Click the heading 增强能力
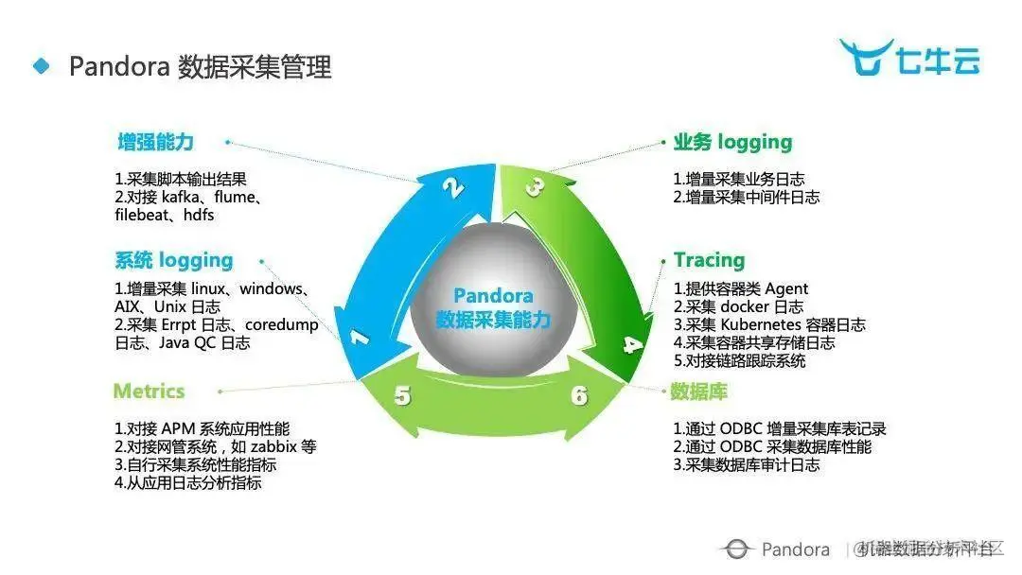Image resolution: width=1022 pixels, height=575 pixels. (155, 143)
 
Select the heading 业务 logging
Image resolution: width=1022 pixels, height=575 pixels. (732, 143)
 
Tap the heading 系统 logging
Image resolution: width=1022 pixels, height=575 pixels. (173, 260)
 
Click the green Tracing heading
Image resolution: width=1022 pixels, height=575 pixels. (709, 260)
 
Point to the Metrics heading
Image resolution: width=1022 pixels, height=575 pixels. (149, 391)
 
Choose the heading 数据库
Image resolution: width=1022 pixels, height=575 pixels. (698, 391)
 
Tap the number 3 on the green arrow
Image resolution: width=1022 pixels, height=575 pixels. (535, 186)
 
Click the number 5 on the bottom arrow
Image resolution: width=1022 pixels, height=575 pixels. (403, 396)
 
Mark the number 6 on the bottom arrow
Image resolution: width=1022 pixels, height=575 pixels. (579, 396)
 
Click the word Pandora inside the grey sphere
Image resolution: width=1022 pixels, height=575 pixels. (492, 296)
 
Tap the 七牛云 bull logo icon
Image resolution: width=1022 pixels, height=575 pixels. (865, 57)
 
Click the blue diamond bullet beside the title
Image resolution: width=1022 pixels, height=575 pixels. (41, 66)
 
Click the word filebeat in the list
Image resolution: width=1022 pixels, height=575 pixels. (145, 215)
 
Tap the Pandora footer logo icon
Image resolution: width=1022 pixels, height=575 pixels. (734, 549)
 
